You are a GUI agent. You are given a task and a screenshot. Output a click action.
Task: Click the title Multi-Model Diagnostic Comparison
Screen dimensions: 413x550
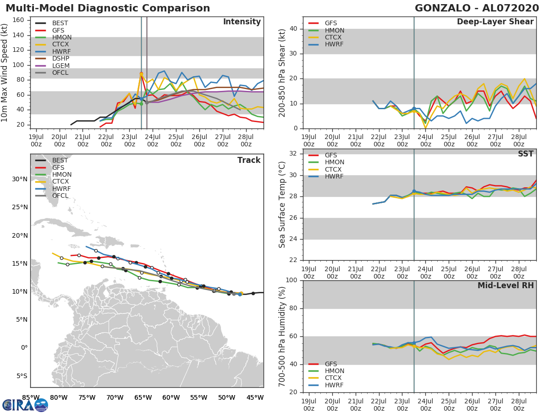point(108,9)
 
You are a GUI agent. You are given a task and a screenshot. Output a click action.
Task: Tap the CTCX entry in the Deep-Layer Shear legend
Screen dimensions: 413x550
point(334,38)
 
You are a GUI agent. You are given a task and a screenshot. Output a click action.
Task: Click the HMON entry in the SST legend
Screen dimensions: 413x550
point(334,162)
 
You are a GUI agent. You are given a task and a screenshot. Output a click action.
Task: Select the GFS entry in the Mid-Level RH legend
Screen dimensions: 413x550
point(330,364)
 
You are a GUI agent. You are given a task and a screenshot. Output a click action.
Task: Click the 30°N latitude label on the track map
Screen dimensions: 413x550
point(19,179)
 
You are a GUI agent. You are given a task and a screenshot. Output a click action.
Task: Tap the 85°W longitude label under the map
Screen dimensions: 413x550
point(31,397)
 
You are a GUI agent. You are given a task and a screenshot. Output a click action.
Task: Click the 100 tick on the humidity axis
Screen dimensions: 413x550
point(292,280)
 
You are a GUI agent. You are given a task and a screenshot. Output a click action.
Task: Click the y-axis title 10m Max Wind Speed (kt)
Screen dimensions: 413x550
point(5,73)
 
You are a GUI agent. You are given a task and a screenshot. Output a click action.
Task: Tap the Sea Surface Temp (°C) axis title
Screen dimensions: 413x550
point(282,205)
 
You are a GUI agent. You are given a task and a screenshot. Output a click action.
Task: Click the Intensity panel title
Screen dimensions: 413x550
point(242,22)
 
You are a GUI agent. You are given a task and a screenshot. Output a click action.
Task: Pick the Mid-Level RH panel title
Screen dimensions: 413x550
point(506,286)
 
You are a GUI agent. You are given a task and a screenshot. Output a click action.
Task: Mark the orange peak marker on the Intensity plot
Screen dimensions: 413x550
point(141,74)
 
